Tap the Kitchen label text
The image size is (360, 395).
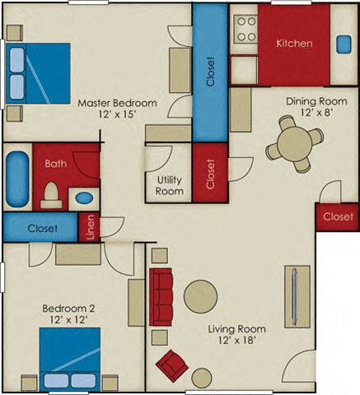click(293, 43)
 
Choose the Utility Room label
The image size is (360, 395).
click(169, 185)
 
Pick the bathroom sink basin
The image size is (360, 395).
click(83, 197)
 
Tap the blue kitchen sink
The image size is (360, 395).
click(343, 43)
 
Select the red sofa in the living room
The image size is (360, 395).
click(161, 297)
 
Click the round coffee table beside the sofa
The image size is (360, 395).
click(200, 297)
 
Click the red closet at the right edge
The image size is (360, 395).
click(336, 216)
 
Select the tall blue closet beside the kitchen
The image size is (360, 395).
click(210, 72)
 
